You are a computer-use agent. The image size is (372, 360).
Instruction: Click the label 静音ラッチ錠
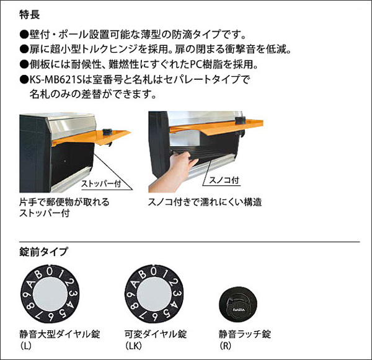(245, 335)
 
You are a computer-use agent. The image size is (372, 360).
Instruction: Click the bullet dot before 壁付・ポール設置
(24, 34)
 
